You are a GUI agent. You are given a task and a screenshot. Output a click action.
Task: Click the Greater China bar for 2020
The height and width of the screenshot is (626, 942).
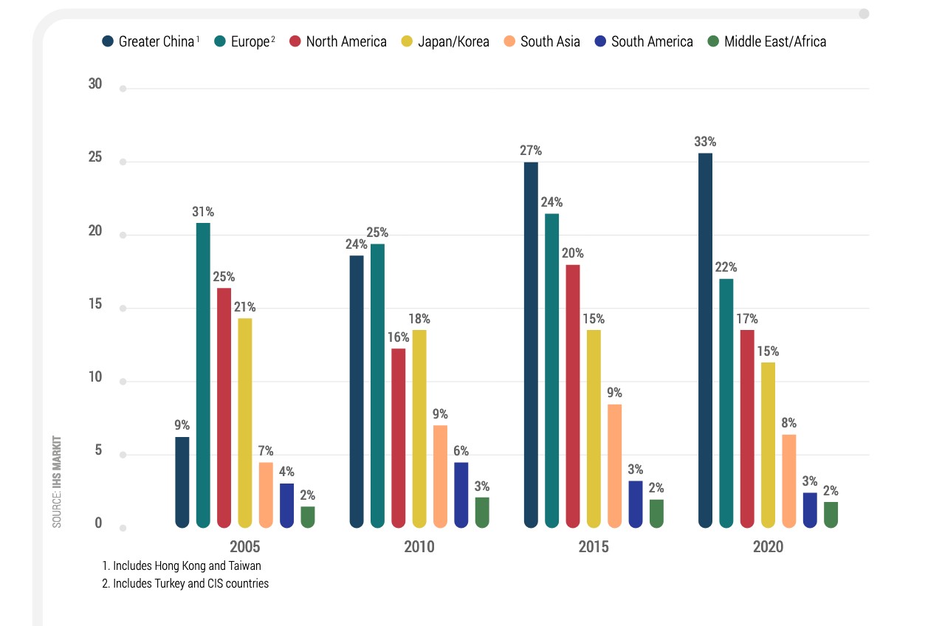point(705,340)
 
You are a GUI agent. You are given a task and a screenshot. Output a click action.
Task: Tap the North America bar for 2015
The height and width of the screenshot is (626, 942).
point(573,396)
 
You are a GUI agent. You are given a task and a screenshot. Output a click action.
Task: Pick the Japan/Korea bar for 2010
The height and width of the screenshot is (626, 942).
point(419,428)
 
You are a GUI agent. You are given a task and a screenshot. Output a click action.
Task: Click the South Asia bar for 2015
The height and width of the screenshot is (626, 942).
point(615,466)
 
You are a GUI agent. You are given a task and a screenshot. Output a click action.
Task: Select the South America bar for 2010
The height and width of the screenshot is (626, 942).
point(461,495)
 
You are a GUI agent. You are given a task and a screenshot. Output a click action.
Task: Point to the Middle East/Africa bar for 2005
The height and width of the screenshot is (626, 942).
point(308,517)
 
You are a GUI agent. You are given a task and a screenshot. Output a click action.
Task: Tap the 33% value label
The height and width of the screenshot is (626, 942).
point(705,142)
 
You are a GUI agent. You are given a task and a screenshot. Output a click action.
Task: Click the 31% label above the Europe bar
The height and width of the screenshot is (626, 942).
point(203,212)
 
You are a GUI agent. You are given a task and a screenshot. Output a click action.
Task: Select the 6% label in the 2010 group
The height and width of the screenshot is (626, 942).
point(461,451)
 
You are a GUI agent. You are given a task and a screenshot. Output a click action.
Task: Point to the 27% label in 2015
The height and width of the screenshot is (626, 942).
point(531,151)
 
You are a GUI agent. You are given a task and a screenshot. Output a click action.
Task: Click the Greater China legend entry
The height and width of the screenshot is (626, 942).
point(151,41)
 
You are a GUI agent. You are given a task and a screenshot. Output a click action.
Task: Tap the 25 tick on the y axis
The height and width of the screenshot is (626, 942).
point(94,158)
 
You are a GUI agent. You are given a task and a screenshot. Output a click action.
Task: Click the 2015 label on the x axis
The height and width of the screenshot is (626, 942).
point(594,547)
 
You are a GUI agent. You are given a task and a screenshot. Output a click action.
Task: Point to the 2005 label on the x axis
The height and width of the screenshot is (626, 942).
point(244,547)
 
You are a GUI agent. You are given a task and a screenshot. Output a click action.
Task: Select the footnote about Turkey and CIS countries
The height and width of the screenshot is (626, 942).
point(185,583)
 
